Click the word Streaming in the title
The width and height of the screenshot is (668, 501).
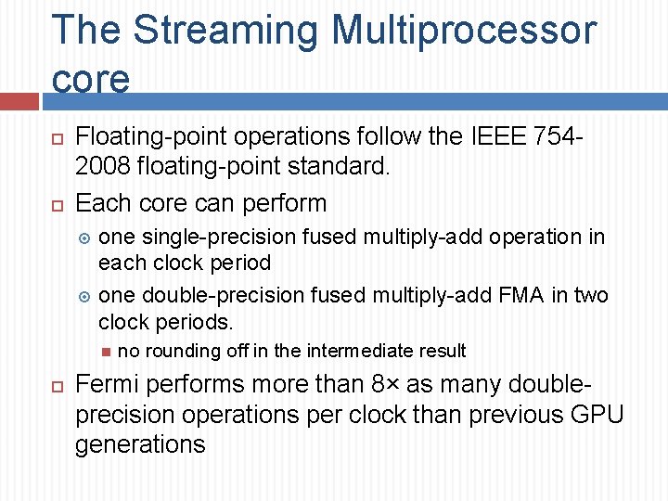click(x=225, y=30)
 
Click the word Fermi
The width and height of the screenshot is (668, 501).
click(x=105, y=384)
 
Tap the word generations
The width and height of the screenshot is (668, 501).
click(x=140, y=444)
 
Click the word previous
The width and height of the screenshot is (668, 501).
click(x=511, y=415)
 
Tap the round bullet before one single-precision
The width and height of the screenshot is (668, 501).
click(x=83, y=238)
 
